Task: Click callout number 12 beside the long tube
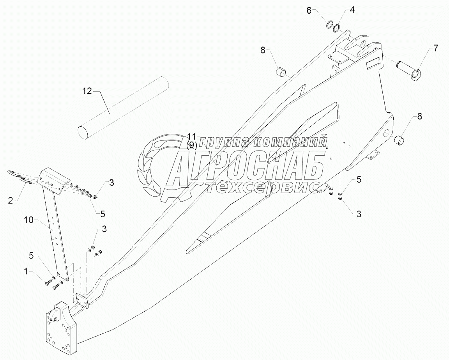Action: (x=87, y=91)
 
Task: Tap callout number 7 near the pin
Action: (x=436, y=49)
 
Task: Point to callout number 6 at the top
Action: (x=309, y=10)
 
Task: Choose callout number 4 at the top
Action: (x=352, y=10)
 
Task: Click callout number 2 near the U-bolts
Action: (x=11, y=200)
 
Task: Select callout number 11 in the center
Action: (x=191, y=137)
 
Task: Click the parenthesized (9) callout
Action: (x=191, y=145)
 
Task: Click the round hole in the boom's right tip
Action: (x=386, y=133)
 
